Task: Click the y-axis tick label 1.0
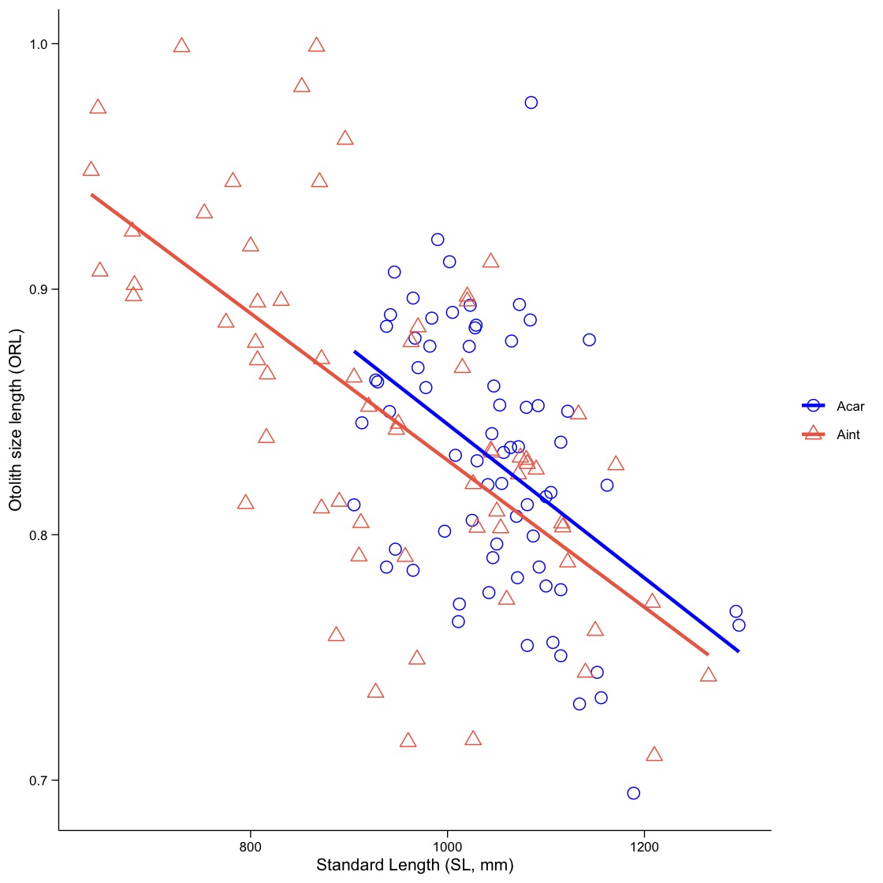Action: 38,44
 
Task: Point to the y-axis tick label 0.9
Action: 38,289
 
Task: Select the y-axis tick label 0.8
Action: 38,535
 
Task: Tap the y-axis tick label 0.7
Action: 38,781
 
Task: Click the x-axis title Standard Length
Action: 415,866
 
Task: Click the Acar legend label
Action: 850,407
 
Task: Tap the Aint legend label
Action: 848,434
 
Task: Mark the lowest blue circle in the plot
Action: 633,793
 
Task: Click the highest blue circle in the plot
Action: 531,102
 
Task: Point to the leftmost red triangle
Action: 91,170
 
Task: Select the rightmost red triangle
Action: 708,675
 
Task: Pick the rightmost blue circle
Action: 739,625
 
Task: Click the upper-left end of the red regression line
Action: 92,194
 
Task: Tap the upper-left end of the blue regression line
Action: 355,352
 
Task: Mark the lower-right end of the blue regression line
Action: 738,651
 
